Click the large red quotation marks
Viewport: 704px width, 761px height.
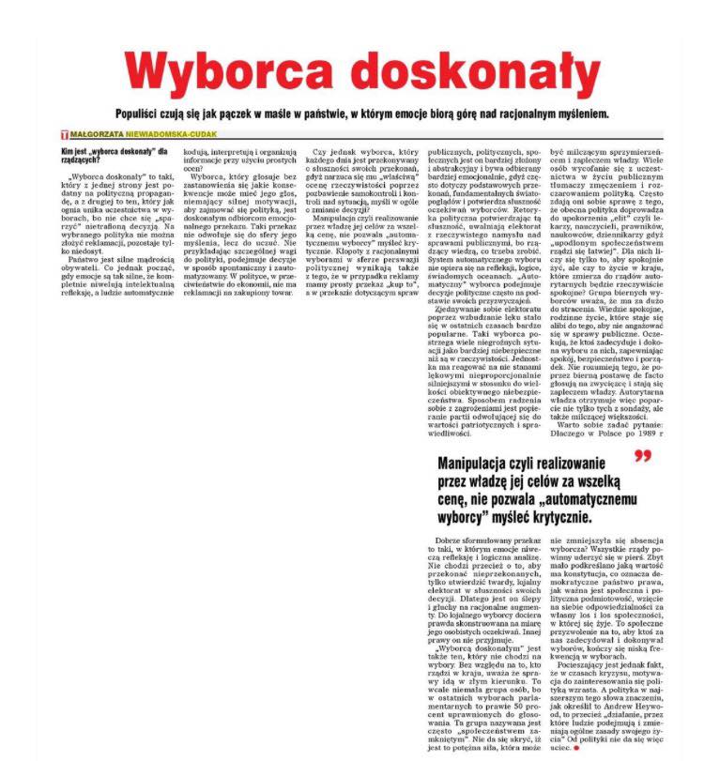pos(642,458)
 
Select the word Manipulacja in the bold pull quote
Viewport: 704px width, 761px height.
pos(481,463)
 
